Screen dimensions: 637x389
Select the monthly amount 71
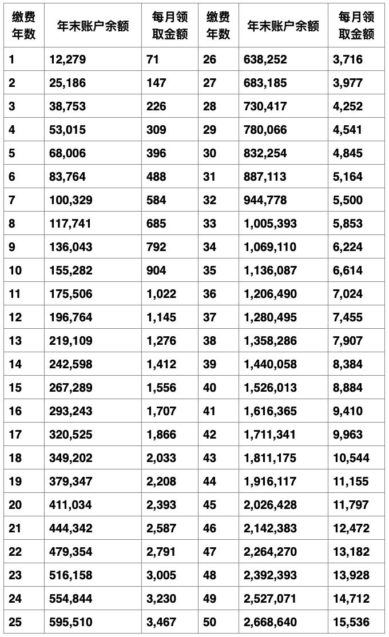pos(153,59)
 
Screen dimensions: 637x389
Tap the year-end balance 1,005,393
pos(270,224)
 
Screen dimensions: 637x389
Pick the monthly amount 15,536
pos(351,622)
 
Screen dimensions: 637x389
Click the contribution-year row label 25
pos(15,622)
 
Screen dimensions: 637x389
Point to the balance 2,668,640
pos(270,622)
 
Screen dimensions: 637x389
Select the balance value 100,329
pos(72,200)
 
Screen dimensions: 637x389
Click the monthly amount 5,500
pos(348,200)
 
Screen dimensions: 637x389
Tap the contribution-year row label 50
pos(210,622)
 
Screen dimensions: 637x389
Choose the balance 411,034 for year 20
pos(72,505)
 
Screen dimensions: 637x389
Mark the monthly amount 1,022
pos(161,294)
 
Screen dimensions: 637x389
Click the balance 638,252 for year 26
pos(265,59)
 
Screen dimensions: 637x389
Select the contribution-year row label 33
pos(210,224)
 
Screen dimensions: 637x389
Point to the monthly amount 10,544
pos(351,458)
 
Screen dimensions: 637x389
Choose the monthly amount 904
pos(156,270)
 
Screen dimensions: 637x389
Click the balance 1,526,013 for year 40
pos(270,388)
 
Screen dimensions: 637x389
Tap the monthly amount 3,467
pos(161,622)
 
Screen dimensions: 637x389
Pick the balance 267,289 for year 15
pos(72,388)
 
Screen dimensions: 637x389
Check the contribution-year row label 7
pos(12,200)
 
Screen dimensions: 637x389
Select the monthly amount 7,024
pos(348,294)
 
